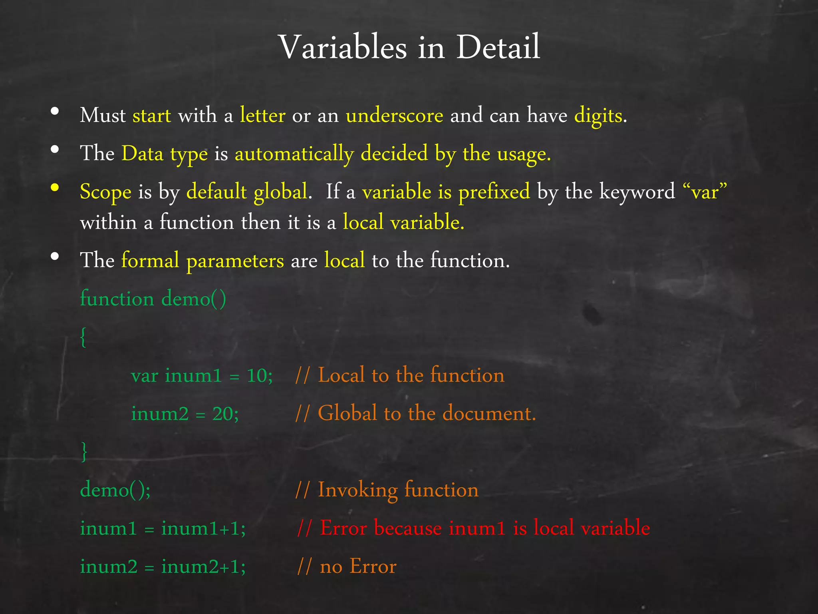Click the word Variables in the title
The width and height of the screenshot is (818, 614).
(x=343, y=48)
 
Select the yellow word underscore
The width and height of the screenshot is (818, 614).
(x=394, y=116)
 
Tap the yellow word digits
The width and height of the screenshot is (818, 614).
(x=598, y=116)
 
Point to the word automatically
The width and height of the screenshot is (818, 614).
(x=294, y=154)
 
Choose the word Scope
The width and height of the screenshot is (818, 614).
(x=105, y=192)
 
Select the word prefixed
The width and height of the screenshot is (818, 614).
(x=494, y=192)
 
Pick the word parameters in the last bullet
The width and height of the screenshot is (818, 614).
(x=235, y=261)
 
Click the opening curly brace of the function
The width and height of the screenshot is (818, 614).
(x=83, y=337)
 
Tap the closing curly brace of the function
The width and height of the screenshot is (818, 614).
(x=84, y=452)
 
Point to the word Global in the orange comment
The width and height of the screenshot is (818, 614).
(x=347, y=413)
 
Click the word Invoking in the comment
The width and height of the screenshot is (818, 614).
(x=357, y=490)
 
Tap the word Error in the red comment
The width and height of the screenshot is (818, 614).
(x=343, y=528)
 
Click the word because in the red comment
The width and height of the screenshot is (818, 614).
(x=408, y=528)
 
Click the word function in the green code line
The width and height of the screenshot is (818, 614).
(x=117, y=299)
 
